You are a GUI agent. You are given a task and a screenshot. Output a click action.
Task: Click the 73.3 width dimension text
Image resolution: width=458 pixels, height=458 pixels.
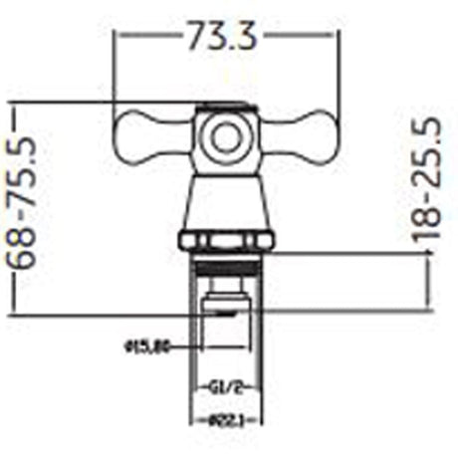221,38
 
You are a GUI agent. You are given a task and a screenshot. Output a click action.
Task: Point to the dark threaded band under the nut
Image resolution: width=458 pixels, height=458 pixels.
228,263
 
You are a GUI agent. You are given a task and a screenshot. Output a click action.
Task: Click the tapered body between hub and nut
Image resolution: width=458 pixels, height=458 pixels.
228,199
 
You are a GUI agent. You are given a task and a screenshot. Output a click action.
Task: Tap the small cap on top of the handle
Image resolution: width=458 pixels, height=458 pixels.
228,107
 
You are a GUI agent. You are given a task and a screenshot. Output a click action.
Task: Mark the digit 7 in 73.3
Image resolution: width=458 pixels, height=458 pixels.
195,38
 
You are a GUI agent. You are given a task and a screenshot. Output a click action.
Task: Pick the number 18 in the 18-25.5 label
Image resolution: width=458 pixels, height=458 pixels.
428,225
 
